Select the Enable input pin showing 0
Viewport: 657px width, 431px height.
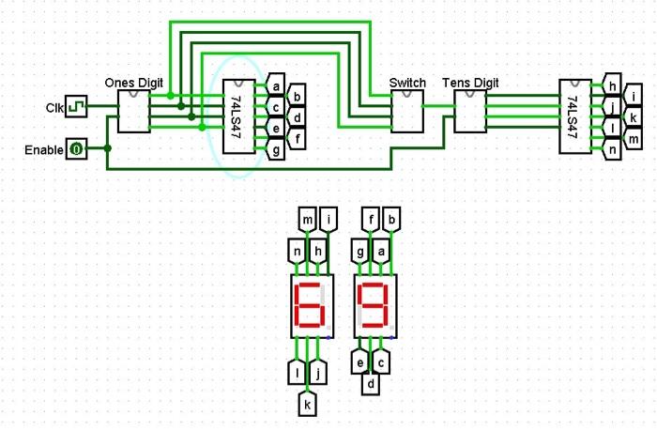76,148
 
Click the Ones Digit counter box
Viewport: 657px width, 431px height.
133,111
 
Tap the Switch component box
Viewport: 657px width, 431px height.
407,112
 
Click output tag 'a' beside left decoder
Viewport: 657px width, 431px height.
276,87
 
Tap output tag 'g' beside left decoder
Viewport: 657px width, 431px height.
276,149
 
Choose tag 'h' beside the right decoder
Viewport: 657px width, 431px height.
612,87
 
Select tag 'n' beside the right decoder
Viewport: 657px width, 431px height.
612,149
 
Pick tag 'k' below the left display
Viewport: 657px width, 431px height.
307,403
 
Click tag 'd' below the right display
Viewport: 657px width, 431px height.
371,384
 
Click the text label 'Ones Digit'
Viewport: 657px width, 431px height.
134,83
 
